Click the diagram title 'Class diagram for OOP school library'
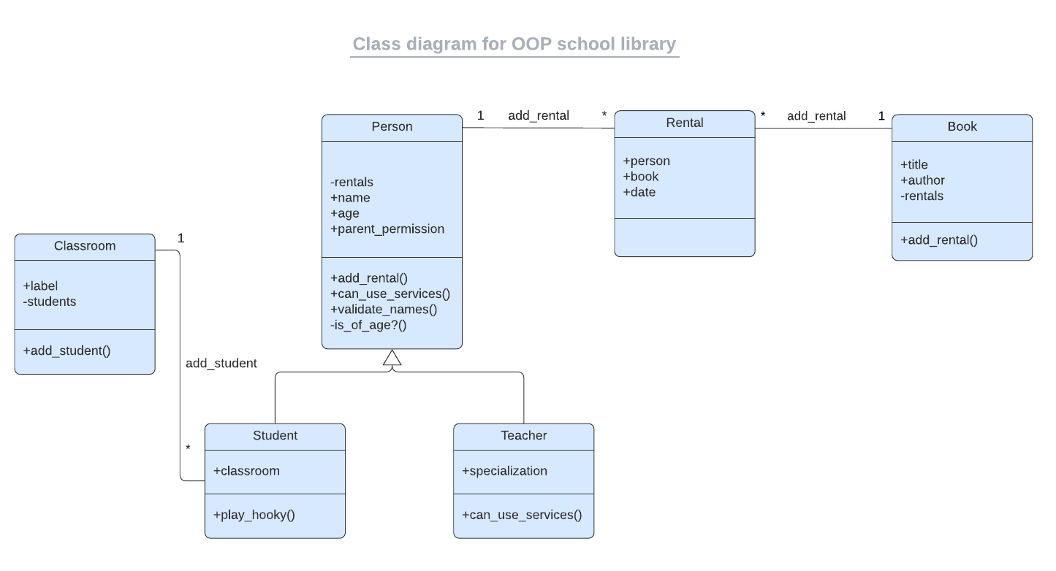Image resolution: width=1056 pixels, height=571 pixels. (x=514, y=44)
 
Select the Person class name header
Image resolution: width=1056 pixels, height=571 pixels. (x=392, y=127)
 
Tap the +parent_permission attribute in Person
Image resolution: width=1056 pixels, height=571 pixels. (x=387, y=229)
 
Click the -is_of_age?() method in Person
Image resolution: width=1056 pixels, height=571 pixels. (x=368, y=325)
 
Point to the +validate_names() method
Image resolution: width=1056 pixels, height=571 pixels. (x=384, y=309)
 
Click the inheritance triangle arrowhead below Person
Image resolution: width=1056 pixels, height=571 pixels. (x=392, y=358)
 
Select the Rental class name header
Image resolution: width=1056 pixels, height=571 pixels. (x=684, y=123)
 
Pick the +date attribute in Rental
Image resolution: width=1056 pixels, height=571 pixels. (x=639, y=193)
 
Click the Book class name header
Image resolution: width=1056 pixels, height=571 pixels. (x=962, y=127)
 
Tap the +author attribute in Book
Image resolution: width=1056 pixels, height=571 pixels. (x=922, y=180)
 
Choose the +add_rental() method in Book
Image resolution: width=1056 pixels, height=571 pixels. (x=939, y=240)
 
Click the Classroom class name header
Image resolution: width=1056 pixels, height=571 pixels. (x=85, y=246)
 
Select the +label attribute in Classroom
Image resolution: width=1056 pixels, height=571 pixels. (x=40, y=286)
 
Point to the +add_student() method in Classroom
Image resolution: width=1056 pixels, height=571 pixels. (x=67, y=351)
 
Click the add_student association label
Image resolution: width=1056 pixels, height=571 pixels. (x=221, y=364)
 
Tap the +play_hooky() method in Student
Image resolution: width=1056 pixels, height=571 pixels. (x=254, y=515)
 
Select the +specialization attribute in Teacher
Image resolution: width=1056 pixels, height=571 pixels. (x=504, y=471)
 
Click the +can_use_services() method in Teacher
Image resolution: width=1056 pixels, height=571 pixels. (x=522, y=515)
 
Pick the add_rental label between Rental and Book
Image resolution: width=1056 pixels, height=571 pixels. (x=816, y=116)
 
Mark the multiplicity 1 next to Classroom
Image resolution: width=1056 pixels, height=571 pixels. (x=181, y=239)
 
